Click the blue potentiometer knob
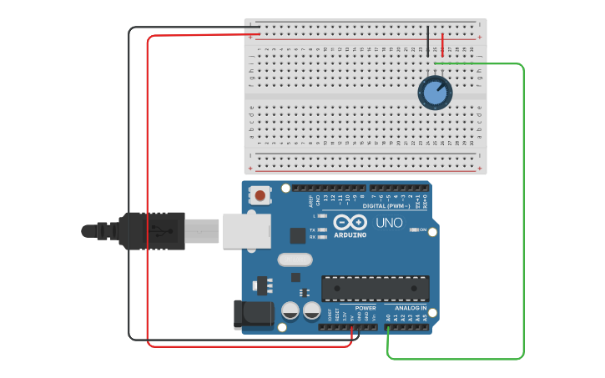pos(435,92)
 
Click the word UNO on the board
pos(389,223)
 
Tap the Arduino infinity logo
pos(350,222)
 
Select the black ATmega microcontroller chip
pos(376,288)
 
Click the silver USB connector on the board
pos(247,230)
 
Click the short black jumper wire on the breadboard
pos(428,41)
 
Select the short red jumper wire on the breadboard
pos(442,44)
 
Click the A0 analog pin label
pos(388,318)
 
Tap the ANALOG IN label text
pos(410,308)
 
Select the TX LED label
pos(313,229)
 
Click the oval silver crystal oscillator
pos(295,260)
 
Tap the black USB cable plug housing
pos(152,230)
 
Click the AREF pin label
pos(311,199)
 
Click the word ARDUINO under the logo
pos(350,234)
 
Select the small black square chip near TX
pos(297,235)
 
